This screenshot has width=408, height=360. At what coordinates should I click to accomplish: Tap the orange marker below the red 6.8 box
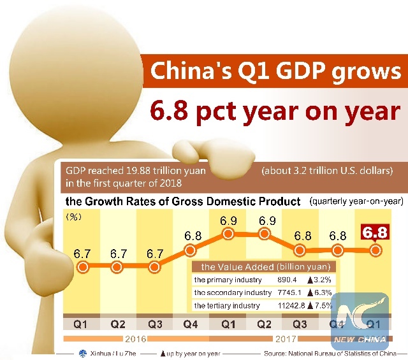(376, 250)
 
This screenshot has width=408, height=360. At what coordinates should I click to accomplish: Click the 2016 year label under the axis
(135, 338)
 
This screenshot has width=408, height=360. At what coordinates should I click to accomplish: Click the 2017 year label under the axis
(286, 338)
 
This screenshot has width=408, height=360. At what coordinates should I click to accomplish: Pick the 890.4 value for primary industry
(287, 280)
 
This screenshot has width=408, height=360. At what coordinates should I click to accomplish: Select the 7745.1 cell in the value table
(288, 292)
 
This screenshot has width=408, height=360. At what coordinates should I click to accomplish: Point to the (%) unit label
(75, 217)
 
